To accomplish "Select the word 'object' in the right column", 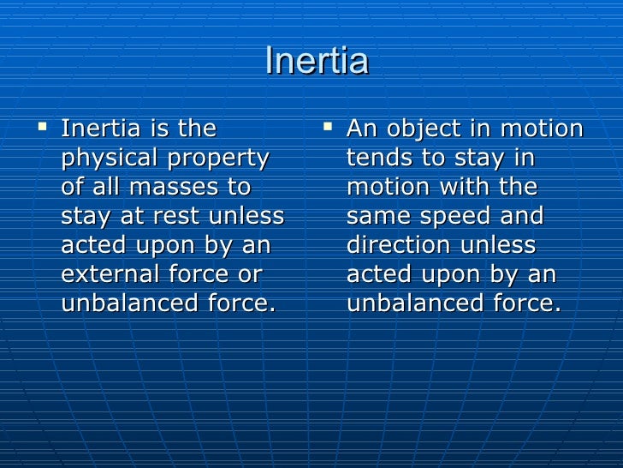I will (424, 129).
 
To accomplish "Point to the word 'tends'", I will (377, 159).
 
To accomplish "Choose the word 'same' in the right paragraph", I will (378, 217).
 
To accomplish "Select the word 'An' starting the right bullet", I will (361, 129).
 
